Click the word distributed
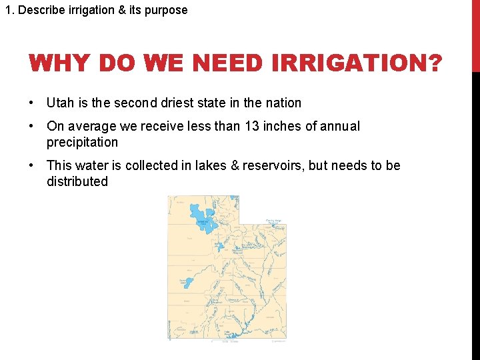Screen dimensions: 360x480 77,181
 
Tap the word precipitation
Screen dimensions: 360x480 82,142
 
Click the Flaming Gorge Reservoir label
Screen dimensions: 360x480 274,222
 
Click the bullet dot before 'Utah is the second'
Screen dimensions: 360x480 32,103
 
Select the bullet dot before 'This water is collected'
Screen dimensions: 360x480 32,165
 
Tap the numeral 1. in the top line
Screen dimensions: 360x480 9,10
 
